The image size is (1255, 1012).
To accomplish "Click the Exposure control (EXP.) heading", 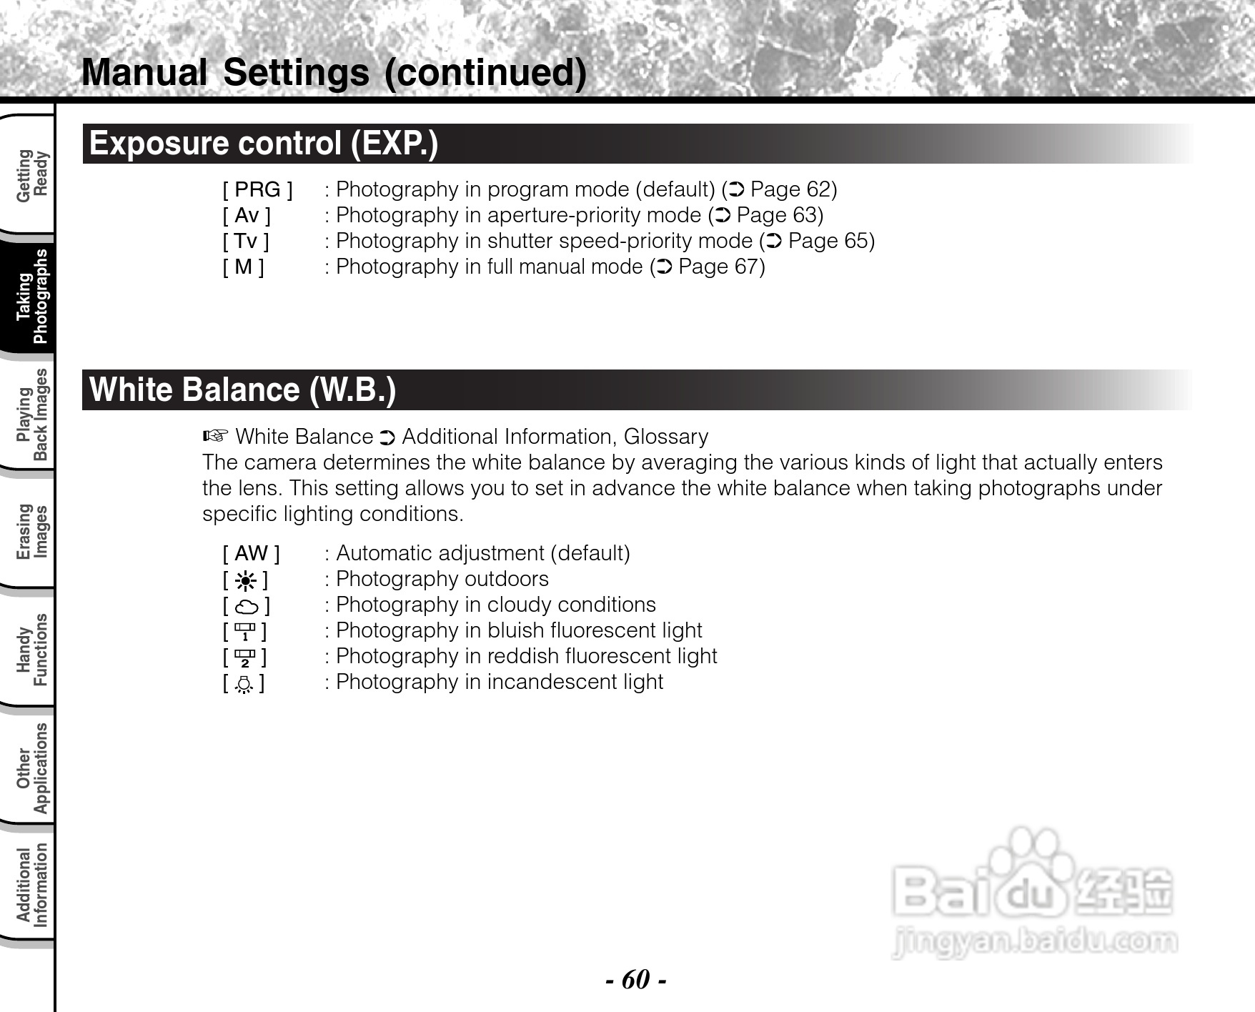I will [263, 144].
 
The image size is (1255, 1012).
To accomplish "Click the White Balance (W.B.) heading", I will [242, 390].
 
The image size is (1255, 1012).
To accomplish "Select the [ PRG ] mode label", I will [257, 189].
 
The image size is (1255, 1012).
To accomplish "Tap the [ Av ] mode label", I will [247, 215].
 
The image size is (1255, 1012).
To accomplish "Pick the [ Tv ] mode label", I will [246, 241].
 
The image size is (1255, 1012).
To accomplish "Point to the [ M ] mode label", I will [243, 267].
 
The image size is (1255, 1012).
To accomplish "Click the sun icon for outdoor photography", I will [245, 580].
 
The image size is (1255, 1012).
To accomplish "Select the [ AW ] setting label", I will [251, 553].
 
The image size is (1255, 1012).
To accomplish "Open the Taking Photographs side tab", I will [32, 296].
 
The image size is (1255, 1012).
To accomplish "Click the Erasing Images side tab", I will [32, 531].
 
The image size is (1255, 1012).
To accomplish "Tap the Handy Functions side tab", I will [32, 649].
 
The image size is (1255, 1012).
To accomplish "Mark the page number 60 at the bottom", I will [636, 978].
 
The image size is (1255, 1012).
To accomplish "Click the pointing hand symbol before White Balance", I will [215, 436].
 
